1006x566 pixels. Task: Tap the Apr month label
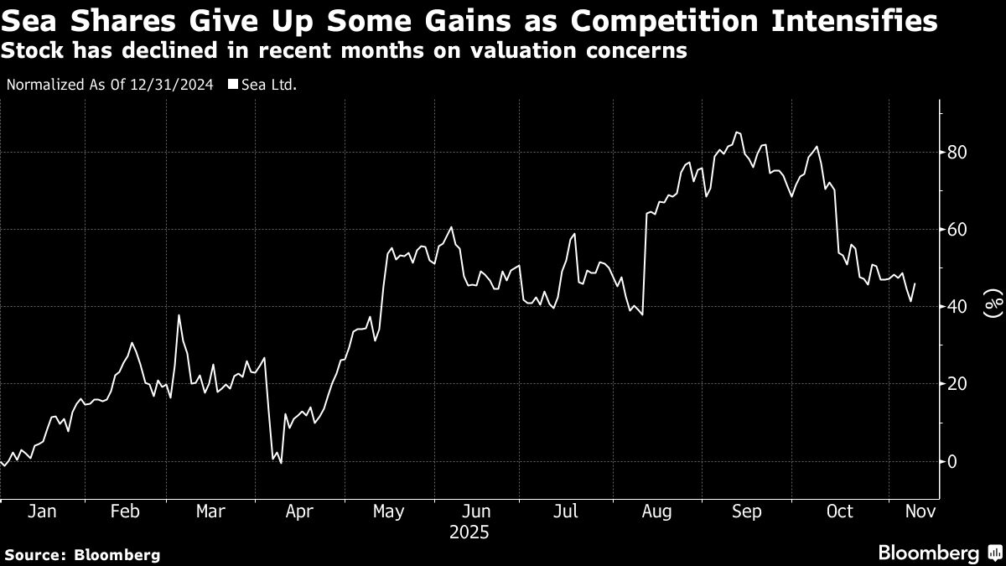point(300,511)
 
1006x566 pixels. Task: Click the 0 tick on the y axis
point(952,461)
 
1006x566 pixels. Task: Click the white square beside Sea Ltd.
point(233,85)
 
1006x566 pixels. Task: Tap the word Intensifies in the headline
point(864,21)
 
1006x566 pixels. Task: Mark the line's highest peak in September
point(736,132)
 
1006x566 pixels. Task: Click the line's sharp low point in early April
point(281,463)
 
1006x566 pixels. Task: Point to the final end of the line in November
point(915,283)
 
